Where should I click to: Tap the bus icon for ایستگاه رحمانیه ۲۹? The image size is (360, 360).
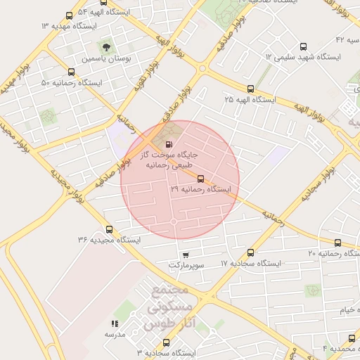200,179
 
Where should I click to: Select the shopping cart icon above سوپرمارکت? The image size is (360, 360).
185,255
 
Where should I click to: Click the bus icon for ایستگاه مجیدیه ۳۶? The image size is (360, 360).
108,229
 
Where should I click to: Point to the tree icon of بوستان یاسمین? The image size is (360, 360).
106,47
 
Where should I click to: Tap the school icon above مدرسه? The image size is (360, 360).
114,324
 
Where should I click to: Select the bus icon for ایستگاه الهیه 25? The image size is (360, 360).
250,89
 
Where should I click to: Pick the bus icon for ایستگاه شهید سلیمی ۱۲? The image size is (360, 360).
303,46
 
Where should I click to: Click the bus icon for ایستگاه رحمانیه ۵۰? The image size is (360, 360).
71,72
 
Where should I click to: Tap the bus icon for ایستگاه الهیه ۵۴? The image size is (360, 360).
68,15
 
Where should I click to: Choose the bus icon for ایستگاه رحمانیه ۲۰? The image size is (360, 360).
337,243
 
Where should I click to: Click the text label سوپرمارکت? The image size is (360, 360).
186,266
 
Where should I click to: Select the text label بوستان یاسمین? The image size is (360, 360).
105,60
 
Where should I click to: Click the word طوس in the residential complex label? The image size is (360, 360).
157,324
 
